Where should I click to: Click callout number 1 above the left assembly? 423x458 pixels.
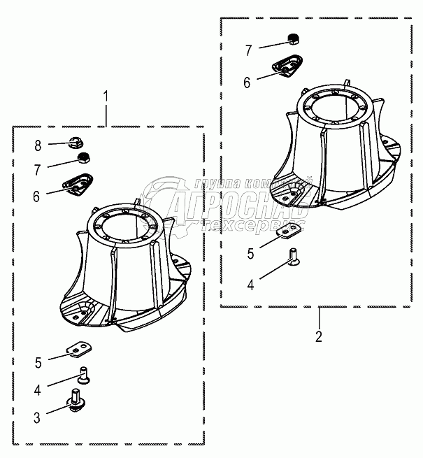click(x=106, y=95)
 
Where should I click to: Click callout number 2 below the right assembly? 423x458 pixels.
click(x=319, y=337)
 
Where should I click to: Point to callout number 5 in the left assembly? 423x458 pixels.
click(x=39, y=362)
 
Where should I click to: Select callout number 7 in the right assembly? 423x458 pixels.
click(x=248, y=50)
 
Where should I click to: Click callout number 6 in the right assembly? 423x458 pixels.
click(x=248, y=83)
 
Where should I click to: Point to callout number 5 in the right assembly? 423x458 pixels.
click(x=250, y=252)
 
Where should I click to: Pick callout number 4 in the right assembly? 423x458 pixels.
click(x=250, y=284)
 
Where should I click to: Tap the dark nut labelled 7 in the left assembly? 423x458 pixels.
click(x=83, y=157)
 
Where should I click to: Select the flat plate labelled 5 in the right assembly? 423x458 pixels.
click(x=288, y=230)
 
